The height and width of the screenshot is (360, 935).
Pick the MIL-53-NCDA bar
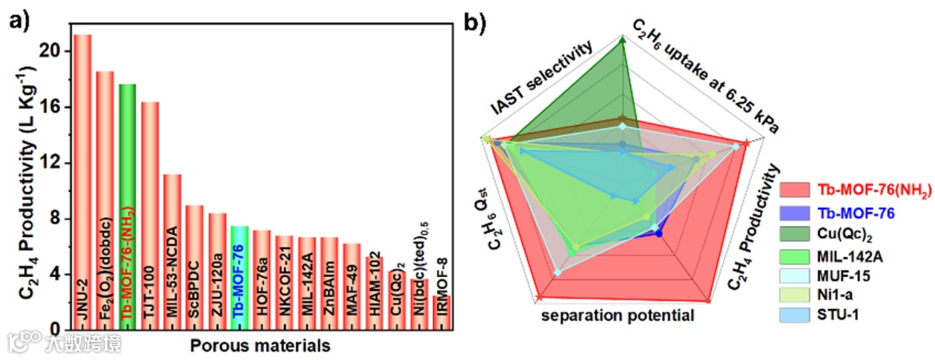(x=172, y=252)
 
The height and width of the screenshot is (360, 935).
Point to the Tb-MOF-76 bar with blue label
(x=240, y=278)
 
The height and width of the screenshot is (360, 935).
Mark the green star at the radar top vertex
(x=622, y=39)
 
